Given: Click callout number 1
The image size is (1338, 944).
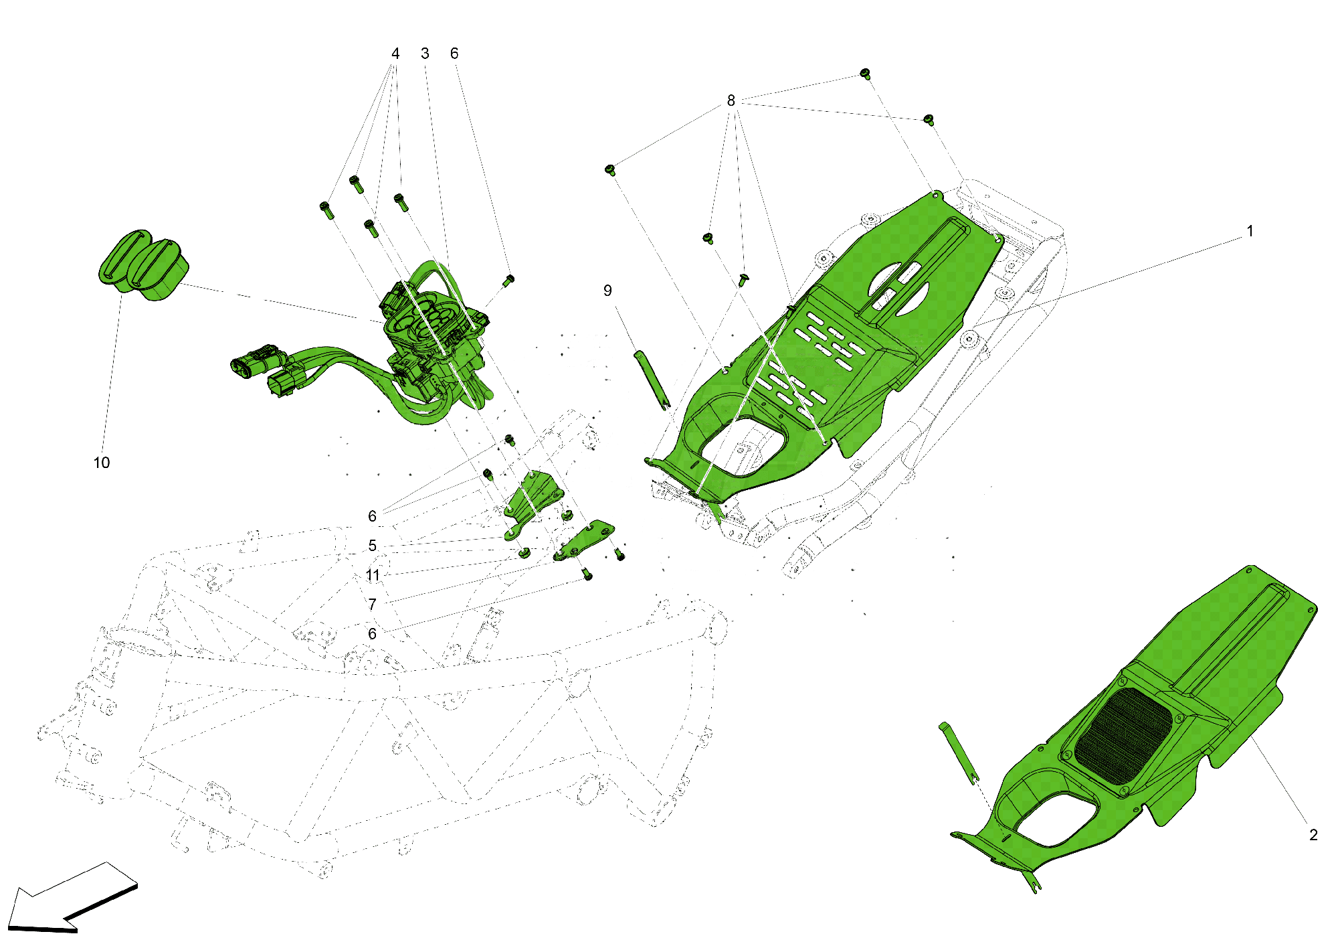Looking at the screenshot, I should [1250, 232].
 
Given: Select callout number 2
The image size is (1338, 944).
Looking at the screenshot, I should [1313, 835].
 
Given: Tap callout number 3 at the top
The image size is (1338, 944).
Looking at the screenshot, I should [425, 54].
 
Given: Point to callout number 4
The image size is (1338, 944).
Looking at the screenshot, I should [395, 54].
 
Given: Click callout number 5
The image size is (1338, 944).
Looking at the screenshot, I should [373, 546].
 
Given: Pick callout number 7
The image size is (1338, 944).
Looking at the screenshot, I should [373, 605].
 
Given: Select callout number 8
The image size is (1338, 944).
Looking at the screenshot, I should [731, 100].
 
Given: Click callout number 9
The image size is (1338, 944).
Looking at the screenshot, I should [607, 291].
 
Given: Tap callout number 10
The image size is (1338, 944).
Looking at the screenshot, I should [102, 463].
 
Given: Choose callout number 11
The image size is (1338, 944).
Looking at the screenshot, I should [373, 575].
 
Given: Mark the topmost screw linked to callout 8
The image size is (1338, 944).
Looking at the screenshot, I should [864, 73].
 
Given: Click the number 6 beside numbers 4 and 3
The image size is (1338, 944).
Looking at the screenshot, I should [454, 54].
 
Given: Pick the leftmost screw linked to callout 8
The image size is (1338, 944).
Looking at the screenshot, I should [610, 169].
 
